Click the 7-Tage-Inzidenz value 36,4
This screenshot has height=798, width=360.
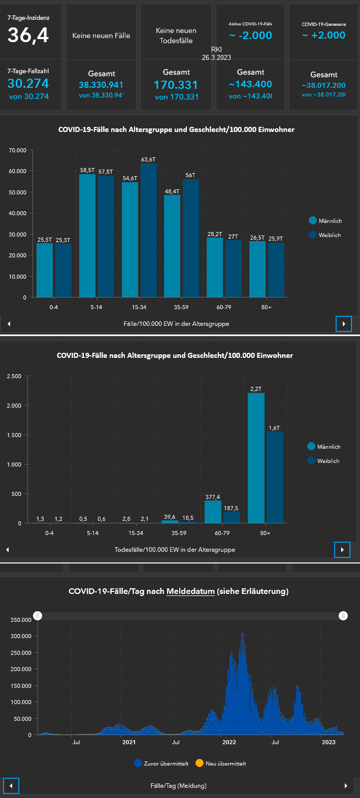click(x=28, y=35)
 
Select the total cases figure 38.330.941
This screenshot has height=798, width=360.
click(x=101, y=85)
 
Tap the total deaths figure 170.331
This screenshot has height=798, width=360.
click(x=176, y=85)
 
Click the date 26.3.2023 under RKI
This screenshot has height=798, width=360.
click(x=216, y=57)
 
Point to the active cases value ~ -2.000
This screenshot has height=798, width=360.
click(x=250, y=36)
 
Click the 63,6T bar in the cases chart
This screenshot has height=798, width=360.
click(x=148, y=228)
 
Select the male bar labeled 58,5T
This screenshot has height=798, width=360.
click(x=87, y=234)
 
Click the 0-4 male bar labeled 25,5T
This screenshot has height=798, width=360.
click(x=45, y=269)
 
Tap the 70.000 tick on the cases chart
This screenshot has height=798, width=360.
click(x=17, y=150)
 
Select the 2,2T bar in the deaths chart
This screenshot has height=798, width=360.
click(x=256, y=457)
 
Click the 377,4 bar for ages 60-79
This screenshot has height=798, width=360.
click(x=213, y=512)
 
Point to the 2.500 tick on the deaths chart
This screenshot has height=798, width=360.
click(x=14, y=376)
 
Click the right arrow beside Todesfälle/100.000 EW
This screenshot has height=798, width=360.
click(x=342, y=550)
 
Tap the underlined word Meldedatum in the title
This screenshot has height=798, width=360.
click(x=190, y=591)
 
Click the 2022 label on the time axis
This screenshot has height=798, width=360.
click(x=229, y=742)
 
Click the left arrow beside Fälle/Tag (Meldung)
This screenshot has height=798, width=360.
click(x=11, y=786)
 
